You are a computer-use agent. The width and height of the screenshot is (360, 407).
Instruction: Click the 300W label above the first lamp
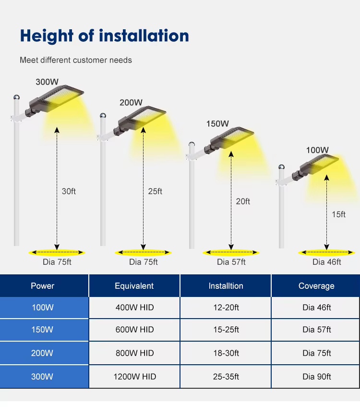click(x=47, y=82)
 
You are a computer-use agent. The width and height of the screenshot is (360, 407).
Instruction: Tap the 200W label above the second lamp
click(x=131, y=102)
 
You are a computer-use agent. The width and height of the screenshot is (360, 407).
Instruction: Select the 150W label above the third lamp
click(x=217, y=123)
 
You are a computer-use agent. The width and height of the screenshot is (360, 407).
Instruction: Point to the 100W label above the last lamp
click(x=317, y=150)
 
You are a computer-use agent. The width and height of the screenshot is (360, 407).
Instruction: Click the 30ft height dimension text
click(x=69, y=191)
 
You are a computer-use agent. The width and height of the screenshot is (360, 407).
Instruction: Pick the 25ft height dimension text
click(x=155, y=191)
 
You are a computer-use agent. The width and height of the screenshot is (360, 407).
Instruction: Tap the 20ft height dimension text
click(x=243, y=201)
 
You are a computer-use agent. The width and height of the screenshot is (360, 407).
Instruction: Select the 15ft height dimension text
click(x=338, y=214)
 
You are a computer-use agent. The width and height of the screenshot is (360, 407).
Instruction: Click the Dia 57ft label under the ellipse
click(x=231, y=262)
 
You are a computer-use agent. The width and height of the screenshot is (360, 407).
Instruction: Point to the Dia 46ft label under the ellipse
click(x=326, y=262)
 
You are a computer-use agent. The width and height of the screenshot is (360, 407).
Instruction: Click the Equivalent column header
click(x=134, y=286)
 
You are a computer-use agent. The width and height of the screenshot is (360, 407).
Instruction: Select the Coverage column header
click(x=316, y=286)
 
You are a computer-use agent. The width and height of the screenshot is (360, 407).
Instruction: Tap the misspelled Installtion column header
click(x=226, y=286)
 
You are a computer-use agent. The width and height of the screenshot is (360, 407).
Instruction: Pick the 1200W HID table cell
click(x=135, y=377)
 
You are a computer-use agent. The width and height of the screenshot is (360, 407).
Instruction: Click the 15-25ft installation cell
click(x=226, y=330)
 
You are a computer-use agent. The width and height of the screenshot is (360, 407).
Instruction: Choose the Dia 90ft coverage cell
click(x=317, y=377)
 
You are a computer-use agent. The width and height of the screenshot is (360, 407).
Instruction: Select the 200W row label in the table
click(x=42, y=353)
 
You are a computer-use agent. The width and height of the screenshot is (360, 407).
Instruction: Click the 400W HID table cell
click(x=134, y=308)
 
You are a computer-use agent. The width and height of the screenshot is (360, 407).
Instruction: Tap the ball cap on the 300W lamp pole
click(x=16, y=98)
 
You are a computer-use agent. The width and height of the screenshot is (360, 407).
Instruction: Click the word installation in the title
click(x=144, y=36)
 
